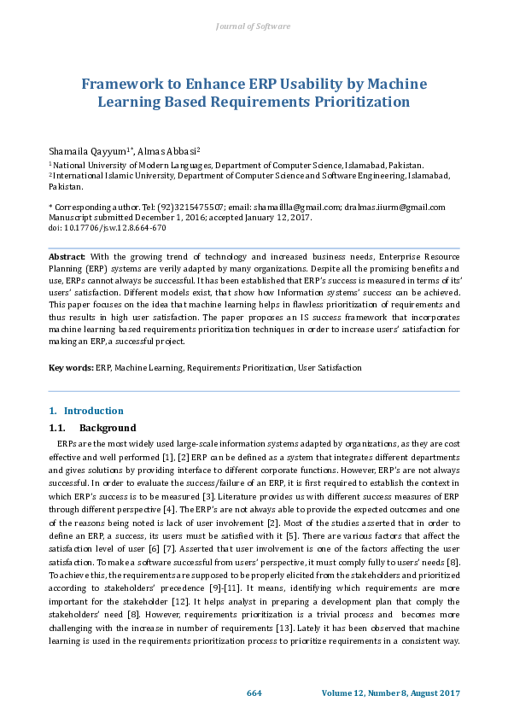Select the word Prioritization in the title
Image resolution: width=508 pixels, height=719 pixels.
pyautogui.click(x=358, y=102)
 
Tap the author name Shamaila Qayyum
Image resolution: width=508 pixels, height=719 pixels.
pyautogui.click(x=85, y=149)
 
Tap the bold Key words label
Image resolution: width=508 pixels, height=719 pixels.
pyautogui.click(x=70, y=368)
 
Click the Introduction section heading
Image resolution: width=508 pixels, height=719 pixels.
pyautogui.click(x=93, y=411)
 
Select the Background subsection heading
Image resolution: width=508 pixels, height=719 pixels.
pyautogui.click(x=108, y=428)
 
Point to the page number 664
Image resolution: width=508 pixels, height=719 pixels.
pyautogui.click(x=254, y=692)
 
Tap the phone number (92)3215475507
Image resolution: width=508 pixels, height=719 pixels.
pyautogui.click(x=181, y=207)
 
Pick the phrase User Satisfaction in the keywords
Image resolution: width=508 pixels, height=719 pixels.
pyautogui.click(x=329, y=368)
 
